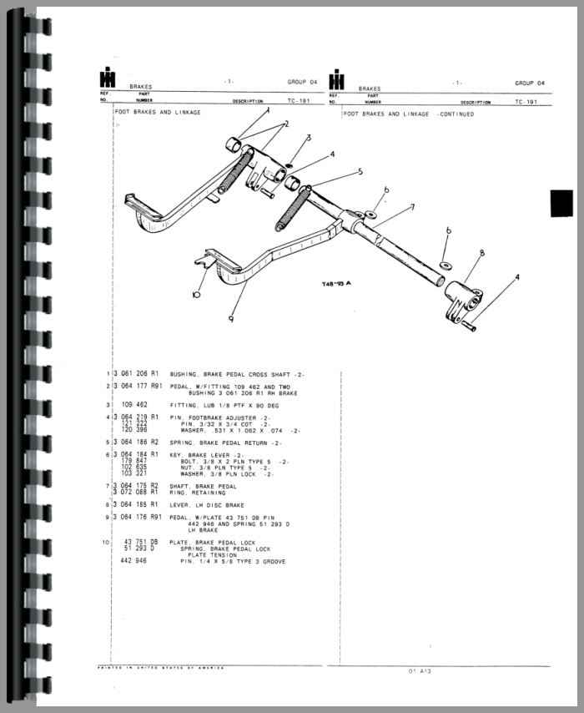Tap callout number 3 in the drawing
tap(308, 139)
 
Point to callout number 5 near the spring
tap(360, 172)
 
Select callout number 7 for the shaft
tap(411, 207)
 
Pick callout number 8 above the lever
tap(481, 253)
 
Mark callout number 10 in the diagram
tap(195, 294)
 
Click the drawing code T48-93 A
tap(336, 284)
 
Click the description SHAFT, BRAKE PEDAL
tap(204, 486)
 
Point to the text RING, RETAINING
tap(198, 493)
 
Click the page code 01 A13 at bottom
tap(419, 670)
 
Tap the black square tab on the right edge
tap(561, 203)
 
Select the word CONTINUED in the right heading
tap(456, 114)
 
